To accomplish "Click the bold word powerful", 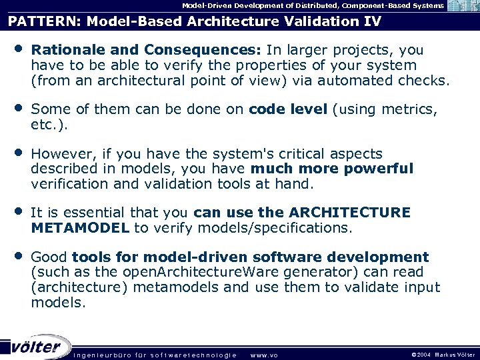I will click(x=379, y=168).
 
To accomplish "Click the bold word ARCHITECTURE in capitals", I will click(x=350, y=212).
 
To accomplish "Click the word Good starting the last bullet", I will click(x=49, y=257).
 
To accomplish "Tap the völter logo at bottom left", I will click(x=37, y=347).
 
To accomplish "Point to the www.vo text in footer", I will click(x=263, y=355).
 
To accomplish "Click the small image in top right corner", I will click(x=462, y=6).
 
